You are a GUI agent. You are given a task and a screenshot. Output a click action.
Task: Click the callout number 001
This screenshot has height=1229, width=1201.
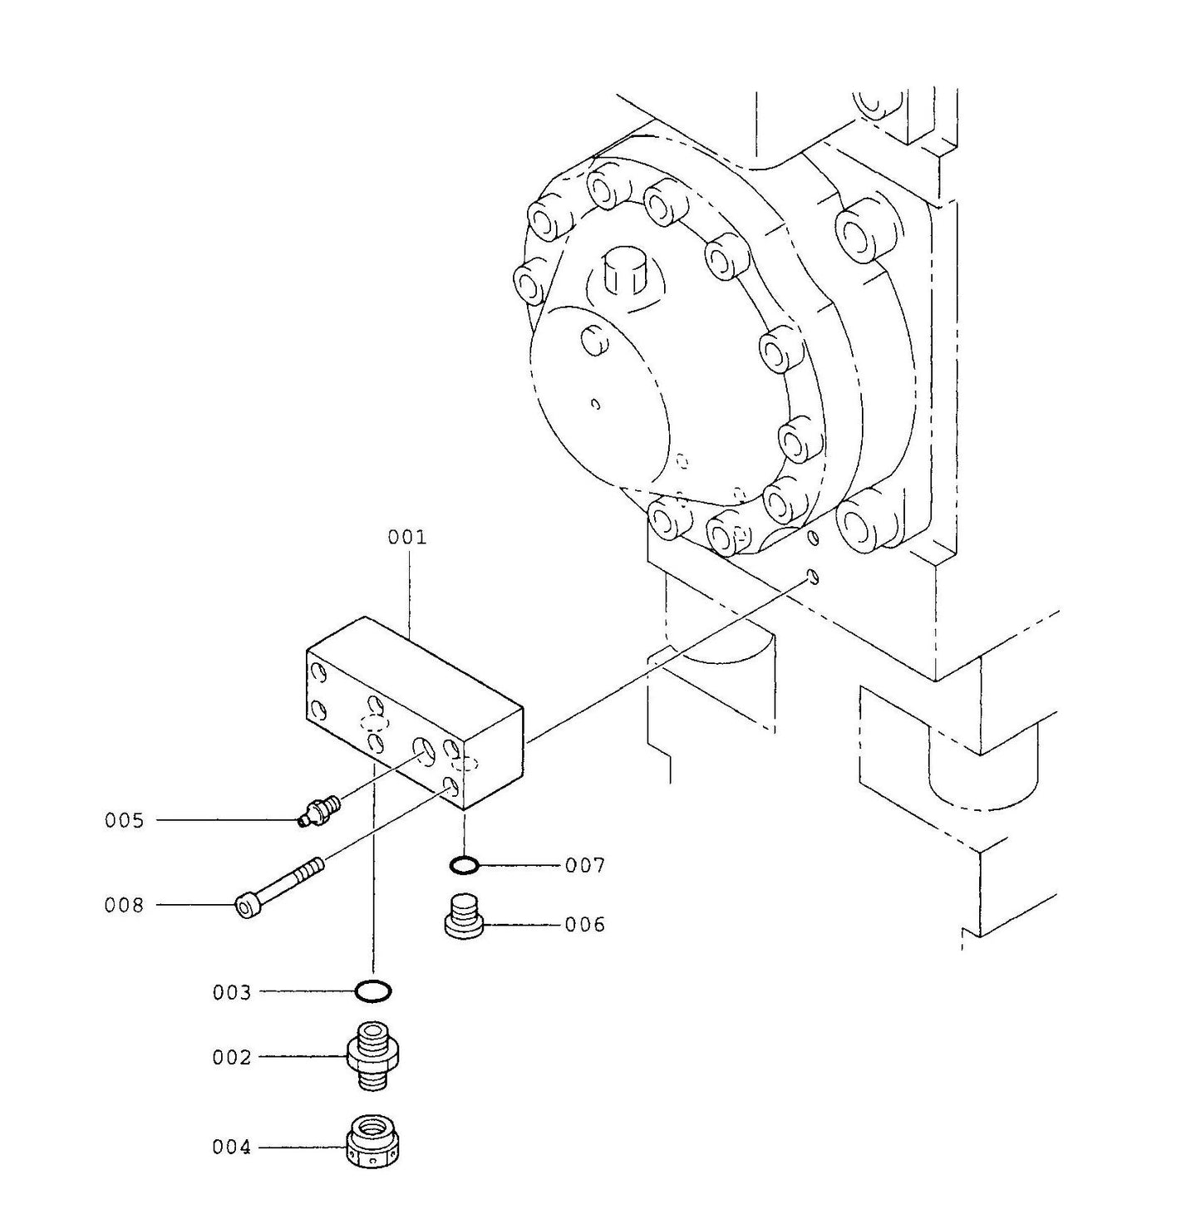(x=406, y=538)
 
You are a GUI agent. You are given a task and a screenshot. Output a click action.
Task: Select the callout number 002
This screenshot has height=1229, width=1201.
(x=231, y=1058)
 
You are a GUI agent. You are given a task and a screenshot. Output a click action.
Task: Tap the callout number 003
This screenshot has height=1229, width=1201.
(x=231, y=992)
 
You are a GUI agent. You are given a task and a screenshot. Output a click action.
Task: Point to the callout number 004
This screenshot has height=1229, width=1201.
(x=231, y=1148)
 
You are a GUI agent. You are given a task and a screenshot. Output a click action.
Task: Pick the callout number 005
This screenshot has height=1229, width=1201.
(x=124, y=821)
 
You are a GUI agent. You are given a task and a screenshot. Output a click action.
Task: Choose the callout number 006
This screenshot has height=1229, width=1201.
(x=585, y=925)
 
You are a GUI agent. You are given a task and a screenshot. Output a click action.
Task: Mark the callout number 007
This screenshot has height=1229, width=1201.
(x=585, y=866)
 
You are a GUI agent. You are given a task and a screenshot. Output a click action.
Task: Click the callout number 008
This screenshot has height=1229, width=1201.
(x=124, y=905)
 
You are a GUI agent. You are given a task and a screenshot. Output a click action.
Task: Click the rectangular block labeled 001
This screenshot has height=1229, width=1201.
(x=416, y=715)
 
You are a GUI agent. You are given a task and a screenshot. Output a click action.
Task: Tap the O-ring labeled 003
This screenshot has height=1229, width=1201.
(x=372, y=991)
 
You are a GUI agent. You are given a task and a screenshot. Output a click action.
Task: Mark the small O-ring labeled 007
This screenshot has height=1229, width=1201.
(x=464, y=866)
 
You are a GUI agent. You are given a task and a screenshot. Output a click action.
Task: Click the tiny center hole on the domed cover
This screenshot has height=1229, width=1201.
(x=595, y=404)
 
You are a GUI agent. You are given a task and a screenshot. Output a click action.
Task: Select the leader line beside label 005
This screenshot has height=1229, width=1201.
(x=224, y=821)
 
